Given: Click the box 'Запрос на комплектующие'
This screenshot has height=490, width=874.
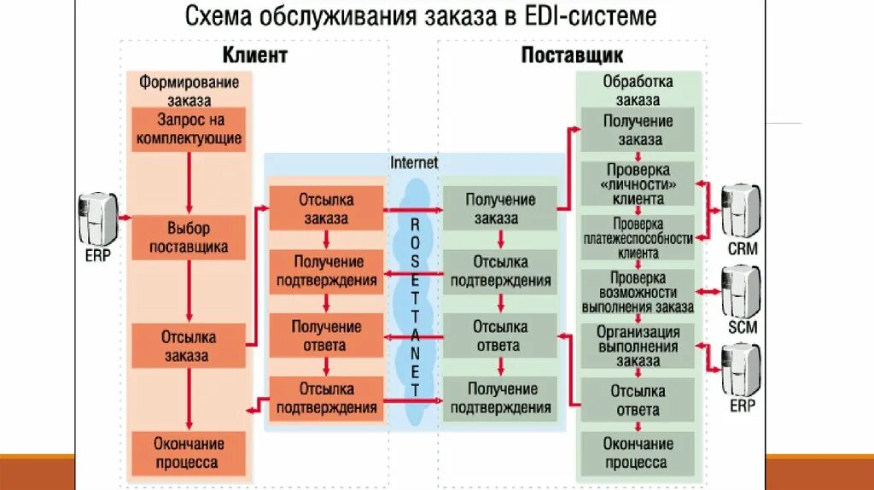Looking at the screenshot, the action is point(189,129).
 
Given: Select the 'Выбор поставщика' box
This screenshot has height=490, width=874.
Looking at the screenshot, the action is point(189,238).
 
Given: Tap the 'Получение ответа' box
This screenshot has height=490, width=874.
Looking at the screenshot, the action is point(324,336).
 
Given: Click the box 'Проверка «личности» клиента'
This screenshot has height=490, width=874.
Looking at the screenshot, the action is point(638,184).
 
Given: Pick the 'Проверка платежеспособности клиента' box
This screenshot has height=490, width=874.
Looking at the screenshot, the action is point(638,238).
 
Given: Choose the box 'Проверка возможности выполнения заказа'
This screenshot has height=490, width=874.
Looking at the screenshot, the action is point(638,292).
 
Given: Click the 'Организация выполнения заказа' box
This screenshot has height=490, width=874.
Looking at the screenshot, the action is point(638,346).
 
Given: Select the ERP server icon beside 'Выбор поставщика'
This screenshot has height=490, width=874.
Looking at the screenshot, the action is point(97,218).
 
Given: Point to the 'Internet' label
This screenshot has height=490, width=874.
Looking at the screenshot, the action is point(414,161).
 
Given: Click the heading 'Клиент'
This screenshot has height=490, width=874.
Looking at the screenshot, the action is point(255,56).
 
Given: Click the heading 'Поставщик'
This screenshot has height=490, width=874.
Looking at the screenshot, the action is point(572,56).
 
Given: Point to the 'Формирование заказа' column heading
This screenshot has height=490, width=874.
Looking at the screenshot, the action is point(189,90).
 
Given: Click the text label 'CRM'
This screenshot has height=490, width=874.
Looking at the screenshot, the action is point(743,249).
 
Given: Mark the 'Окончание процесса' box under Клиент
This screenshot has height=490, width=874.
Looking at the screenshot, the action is point(189,453).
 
